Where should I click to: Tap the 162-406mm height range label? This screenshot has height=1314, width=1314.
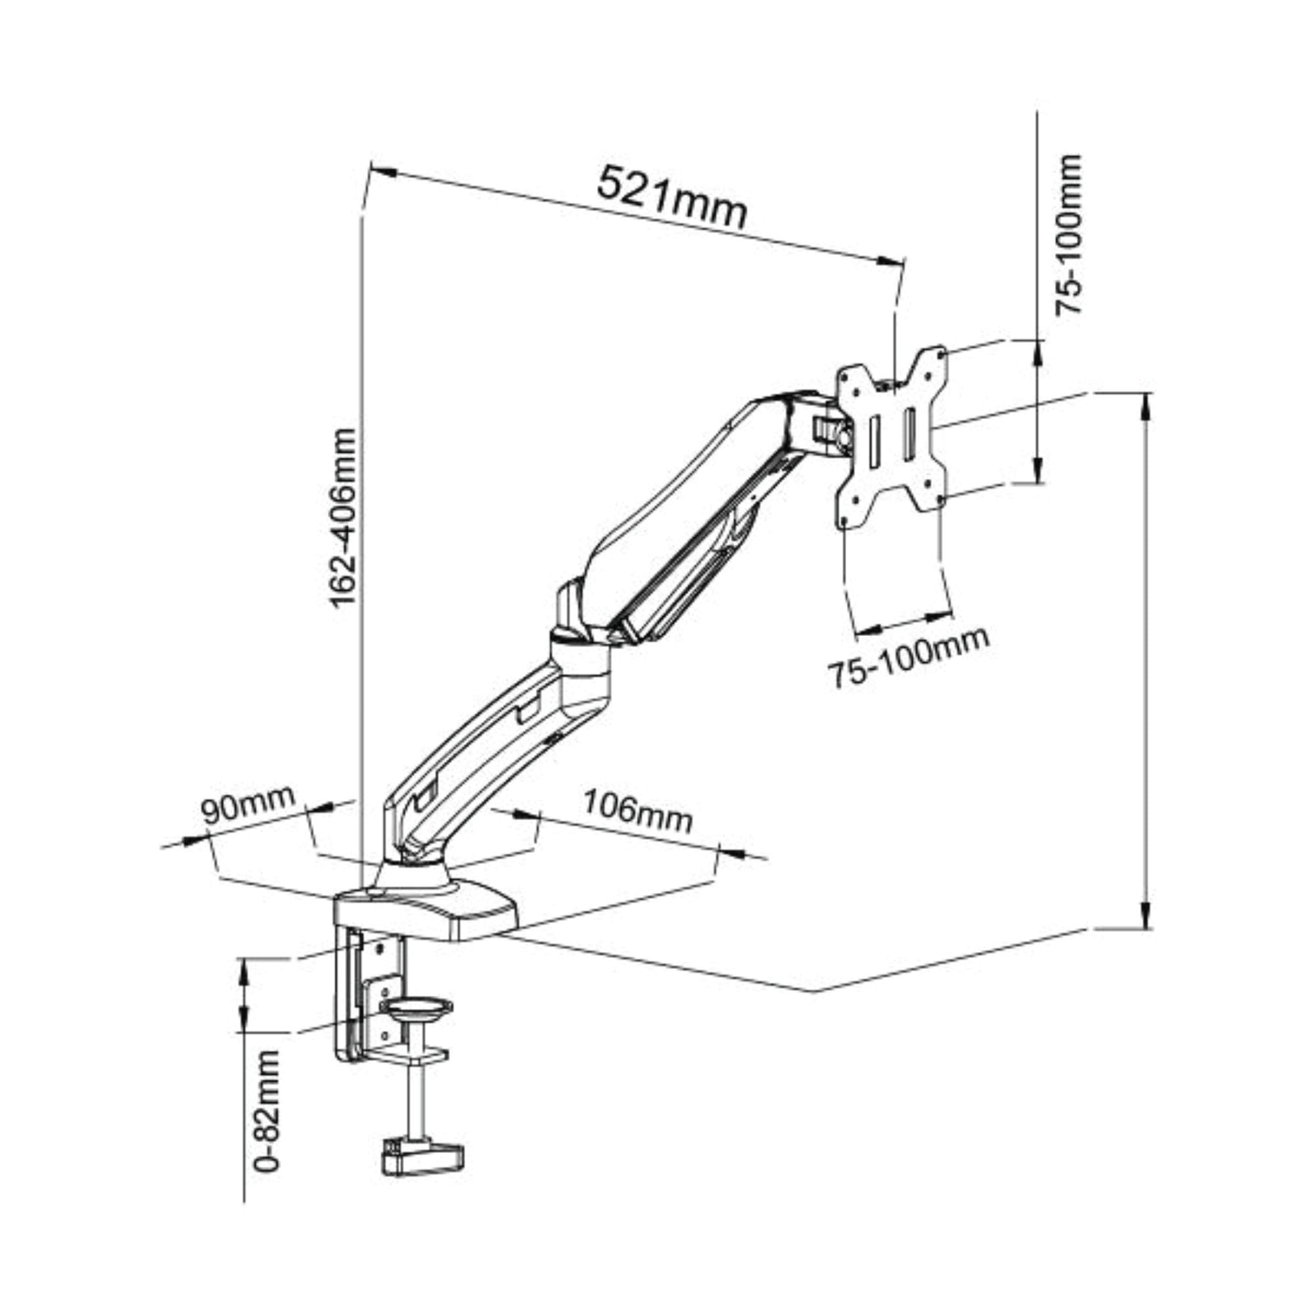(342, 517)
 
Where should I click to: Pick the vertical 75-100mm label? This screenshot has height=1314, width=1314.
(1068, 235)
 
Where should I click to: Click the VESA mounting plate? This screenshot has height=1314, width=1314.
(891, 440)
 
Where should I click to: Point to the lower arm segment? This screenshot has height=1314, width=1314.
(476, 755)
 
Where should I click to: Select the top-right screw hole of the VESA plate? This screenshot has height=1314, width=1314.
(941, 353)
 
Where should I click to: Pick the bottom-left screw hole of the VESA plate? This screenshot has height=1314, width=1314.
(844, 521)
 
